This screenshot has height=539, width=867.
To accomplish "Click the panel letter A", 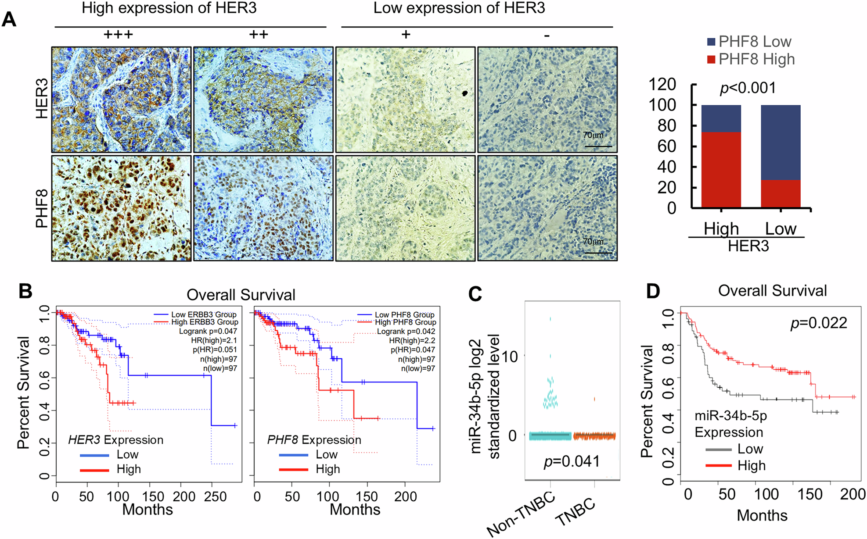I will click(x=10, y=20).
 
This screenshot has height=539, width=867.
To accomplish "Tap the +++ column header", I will click(x=118, y=35).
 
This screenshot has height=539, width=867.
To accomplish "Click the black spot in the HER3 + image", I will click(x=464, y=93).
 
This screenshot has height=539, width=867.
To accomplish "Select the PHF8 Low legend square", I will click(x=711, y=42).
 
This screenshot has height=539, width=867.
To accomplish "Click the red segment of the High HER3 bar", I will click(x=721, y=170).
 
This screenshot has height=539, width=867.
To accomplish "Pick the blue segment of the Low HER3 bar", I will click(x=780, y=143).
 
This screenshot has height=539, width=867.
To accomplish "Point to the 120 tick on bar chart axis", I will click(x=662, y=84).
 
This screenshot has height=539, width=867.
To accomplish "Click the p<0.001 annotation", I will click(x=748, y=88).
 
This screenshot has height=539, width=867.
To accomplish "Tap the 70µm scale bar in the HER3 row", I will click(x=597, y=146).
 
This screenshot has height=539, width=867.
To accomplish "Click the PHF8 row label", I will click(x=42, y=208).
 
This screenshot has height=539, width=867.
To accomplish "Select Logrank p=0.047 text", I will click(x=208, y=332).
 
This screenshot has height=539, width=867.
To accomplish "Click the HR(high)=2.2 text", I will click(x=412, y=341).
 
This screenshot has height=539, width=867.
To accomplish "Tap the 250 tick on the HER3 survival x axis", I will click(x=215, y=496).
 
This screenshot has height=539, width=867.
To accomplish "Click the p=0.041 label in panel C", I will click(x=572, y=461).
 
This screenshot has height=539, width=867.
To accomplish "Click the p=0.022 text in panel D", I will click(x=818, y=323).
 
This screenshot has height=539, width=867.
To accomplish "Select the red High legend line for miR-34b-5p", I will click(x=718, y=466).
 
